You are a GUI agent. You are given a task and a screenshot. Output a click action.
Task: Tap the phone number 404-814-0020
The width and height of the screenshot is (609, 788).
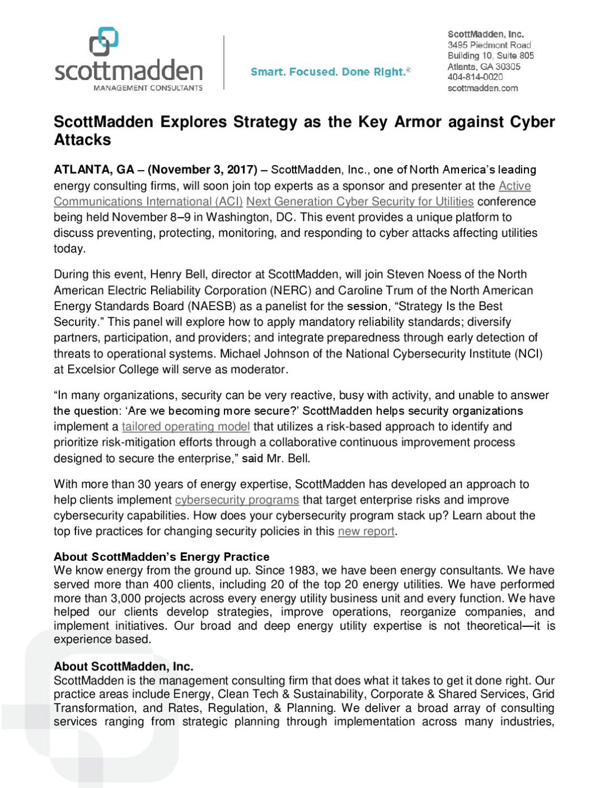(475, 77)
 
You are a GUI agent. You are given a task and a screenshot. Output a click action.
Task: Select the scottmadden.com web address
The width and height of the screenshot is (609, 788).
(483, 88)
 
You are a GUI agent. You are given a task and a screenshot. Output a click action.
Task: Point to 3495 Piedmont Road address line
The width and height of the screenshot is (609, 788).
(489, 45)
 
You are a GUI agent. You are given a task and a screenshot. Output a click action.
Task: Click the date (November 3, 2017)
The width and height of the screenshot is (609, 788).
(202, 170)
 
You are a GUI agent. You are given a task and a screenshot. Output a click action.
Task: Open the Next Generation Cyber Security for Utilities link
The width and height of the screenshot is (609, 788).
(360, 201)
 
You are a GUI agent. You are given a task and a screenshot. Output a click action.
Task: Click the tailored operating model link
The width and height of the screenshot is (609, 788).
(186, 427)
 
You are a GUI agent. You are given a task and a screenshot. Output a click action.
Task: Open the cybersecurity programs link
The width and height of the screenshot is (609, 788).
(237, 500)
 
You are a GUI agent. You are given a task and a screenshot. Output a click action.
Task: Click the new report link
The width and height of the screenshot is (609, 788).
(366, 532)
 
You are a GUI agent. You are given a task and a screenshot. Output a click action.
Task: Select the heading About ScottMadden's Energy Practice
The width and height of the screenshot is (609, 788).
(161, 557)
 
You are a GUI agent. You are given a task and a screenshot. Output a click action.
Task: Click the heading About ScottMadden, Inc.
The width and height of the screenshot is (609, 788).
(123, 666)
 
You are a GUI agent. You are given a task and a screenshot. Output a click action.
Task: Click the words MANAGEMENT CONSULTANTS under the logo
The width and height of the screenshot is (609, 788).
(148, 88)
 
